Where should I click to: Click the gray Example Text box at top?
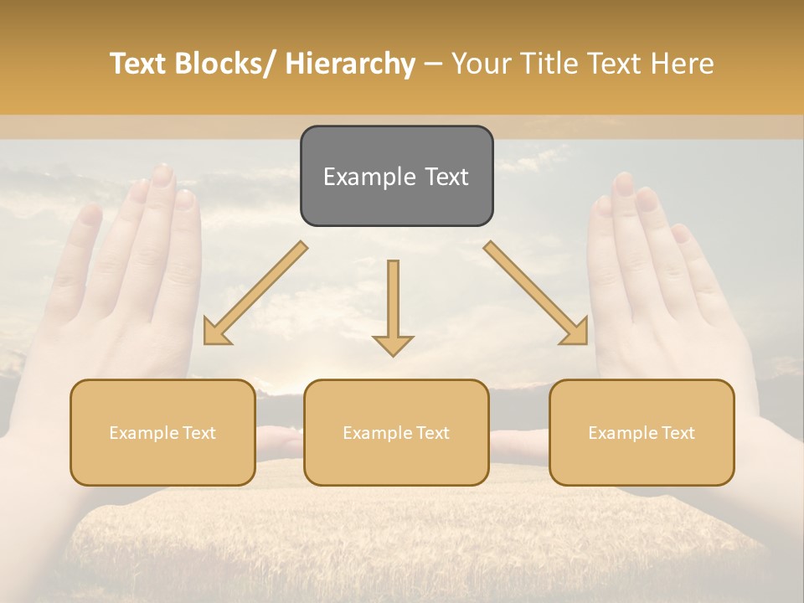click(x=396, y=176)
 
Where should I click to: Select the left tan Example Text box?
click(x=162, y=432)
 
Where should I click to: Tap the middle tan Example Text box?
click(x=396, y=432)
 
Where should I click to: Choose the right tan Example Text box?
click(x=642, y=432)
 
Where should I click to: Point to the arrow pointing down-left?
click(x=255, y=293)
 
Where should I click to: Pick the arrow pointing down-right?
click(x=536, y=293)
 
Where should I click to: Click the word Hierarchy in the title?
click(x=350, y=64)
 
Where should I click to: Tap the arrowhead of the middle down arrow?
click(x=393, y=345)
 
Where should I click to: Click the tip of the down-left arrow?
click(x=207, y=342)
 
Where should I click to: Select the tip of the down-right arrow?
click(x=585, y=342)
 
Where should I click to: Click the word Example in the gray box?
click(x=359, y=177)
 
